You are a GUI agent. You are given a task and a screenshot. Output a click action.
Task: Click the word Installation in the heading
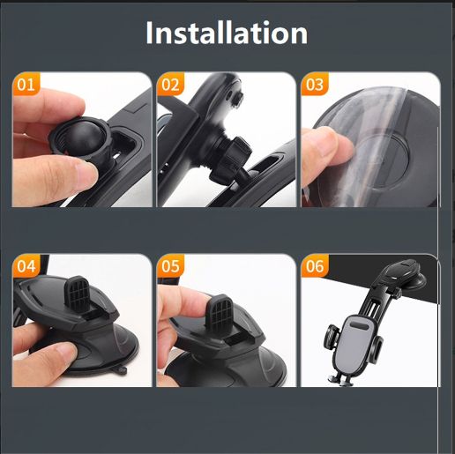[x=227, y=33]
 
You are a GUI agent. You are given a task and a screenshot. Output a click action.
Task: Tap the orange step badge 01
[x=26, y=84]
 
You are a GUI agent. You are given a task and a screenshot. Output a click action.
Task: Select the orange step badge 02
[x=170, y=84]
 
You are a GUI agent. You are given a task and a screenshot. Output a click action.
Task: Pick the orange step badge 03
[x=315, y=84]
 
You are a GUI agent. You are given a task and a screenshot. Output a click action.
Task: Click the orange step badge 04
[x=26, y=266]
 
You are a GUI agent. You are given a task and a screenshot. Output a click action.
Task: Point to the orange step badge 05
[x=170, y=266]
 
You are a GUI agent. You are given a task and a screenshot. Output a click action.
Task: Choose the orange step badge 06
[x=315, y=266]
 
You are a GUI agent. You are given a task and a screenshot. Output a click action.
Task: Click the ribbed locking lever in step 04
[x=77, y=293]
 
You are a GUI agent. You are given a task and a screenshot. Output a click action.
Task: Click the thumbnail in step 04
[x=63, y=351]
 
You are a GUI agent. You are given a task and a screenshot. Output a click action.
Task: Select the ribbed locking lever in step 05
[x=220, y=312]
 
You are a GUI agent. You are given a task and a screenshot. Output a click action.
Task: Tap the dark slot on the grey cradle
[x=359, y=326]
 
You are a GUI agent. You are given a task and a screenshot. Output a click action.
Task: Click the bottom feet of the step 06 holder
[x=341, y=381]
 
